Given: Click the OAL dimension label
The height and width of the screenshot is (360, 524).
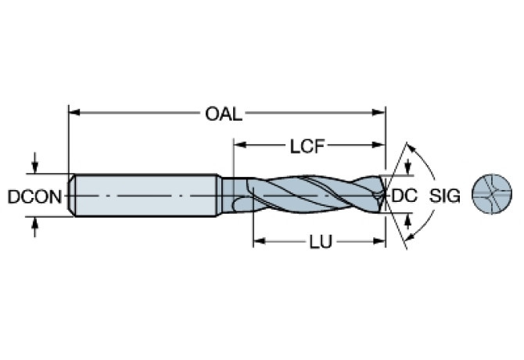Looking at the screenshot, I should pyautogui.click(x=224, y=114).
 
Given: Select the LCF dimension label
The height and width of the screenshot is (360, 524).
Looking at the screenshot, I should pyautogui.click(x=307, y=146).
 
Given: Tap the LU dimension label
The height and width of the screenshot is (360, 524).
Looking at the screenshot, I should pyautogui.click(x=318, y=242).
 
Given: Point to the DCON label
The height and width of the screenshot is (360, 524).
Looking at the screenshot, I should pyautogui.click(x=34, y=196).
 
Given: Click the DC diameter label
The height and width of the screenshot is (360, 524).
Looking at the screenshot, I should pyautogui.click(x=404, y=196).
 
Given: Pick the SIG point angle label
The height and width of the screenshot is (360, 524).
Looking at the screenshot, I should pyautogui.click(x=446, y=196).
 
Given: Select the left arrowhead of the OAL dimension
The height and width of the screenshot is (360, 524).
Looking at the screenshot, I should pyautogui.click(x=75, y=114).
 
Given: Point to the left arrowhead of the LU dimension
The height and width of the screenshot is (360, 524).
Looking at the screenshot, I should pyautogui.click(x=257, y=242).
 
